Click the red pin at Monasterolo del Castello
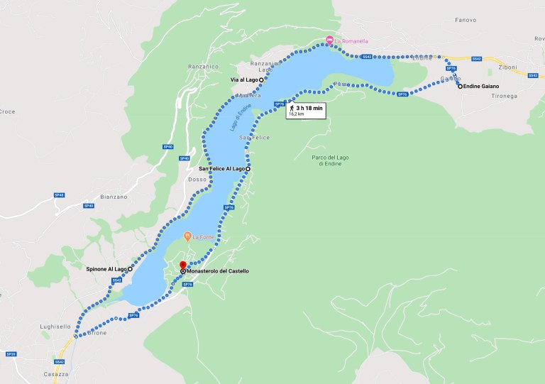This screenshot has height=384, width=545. point(182,266)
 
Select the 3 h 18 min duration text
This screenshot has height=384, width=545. point(310,108)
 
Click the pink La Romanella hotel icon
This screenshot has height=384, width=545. point(329,40)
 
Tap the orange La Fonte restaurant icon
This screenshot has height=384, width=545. point(187,236)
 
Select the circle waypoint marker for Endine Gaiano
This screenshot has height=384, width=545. point(460,87)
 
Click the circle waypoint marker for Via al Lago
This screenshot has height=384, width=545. point(261,80)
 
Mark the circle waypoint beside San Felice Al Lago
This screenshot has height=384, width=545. point(248,169)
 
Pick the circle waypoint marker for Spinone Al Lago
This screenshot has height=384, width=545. point(130,269)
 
